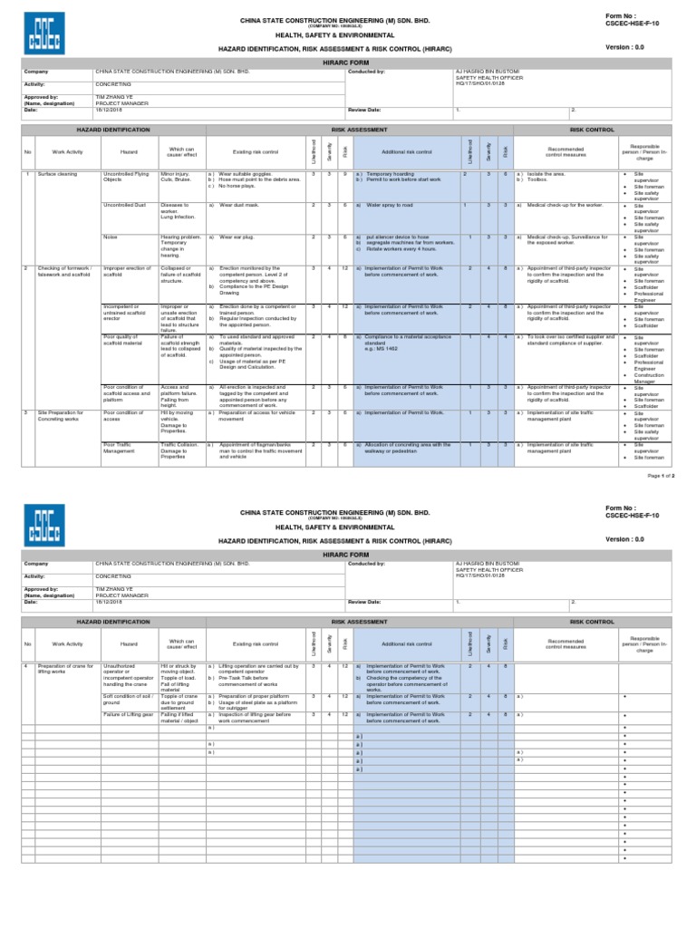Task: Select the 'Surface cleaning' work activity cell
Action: click(60, 173)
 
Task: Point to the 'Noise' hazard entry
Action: click(111, 237)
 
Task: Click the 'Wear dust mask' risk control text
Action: click(241, 206)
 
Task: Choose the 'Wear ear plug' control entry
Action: click(239, 237)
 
